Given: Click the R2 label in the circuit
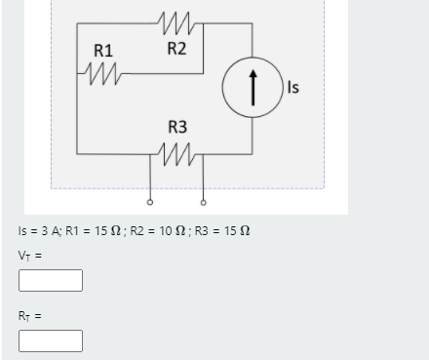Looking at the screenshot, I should point(176,50).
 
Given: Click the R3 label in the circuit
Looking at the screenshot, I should point(177,127).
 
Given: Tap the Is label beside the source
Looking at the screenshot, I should point(293,89).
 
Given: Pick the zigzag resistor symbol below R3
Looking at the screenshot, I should point(176,153).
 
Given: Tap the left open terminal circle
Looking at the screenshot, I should point(149,203).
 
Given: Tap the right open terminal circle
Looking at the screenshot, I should point(204,203).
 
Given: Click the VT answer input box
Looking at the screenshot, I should point(50,281).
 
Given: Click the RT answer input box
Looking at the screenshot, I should point(50,340).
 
